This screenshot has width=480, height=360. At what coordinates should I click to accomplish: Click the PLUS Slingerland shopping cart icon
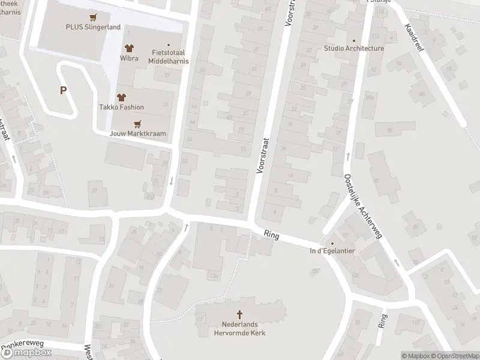[x=92, y=17]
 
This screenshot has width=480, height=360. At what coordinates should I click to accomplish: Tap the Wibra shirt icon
[x=128, y=48]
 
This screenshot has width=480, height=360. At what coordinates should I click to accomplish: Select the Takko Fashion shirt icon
[x=121, y=97]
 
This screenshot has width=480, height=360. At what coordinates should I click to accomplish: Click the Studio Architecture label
[x=354, y=49]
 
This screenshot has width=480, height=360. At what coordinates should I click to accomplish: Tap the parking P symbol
[x=63, y=91]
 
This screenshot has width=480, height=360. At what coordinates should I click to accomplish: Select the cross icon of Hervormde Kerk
[x=240, y=314]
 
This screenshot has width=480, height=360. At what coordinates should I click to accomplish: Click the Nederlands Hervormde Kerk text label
[x=240, y=329]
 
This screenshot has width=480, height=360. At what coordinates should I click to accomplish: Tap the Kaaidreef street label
[x=414, y=38]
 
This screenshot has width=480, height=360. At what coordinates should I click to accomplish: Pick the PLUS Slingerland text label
[x=93, y=27]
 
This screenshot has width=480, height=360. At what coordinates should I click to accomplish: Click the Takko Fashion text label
[x=121, y=107]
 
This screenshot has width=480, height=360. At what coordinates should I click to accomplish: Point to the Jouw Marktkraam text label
[x=137, y=134]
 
